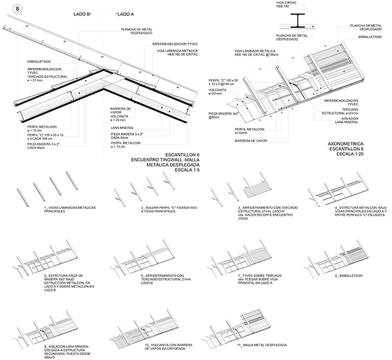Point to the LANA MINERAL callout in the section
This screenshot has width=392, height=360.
click(x=123, y=127)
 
